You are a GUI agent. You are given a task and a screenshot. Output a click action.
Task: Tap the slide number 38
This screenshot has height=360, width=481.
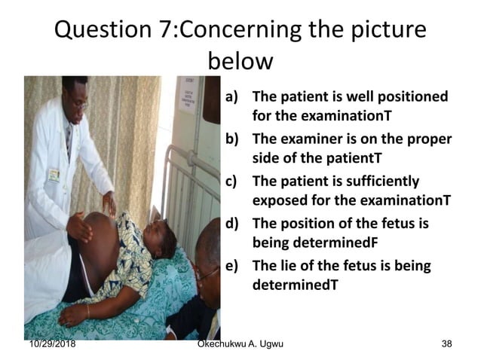(446, 345)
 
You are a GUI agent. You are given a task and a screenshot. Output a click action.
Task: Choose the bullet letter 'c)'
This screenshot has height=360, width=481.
(233, 182)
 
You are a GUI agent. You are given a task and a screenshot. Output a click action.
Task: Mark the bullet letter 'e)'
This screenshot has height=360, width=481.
(234, 266)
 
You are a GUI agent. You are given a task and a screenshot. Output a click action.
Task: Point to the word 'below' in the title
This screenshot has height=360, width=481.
(239, 60)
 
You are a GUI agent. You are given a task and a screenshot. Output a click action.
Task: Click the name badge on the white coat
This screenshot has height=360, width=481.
(54, 175)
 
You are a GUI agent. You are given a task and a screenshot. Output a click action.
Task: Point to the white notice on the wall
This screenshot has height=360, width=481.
(187, 95)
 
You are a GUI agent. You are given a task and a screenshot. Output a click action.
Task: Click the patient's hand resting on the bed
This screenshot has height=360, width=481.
(75, 312)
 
